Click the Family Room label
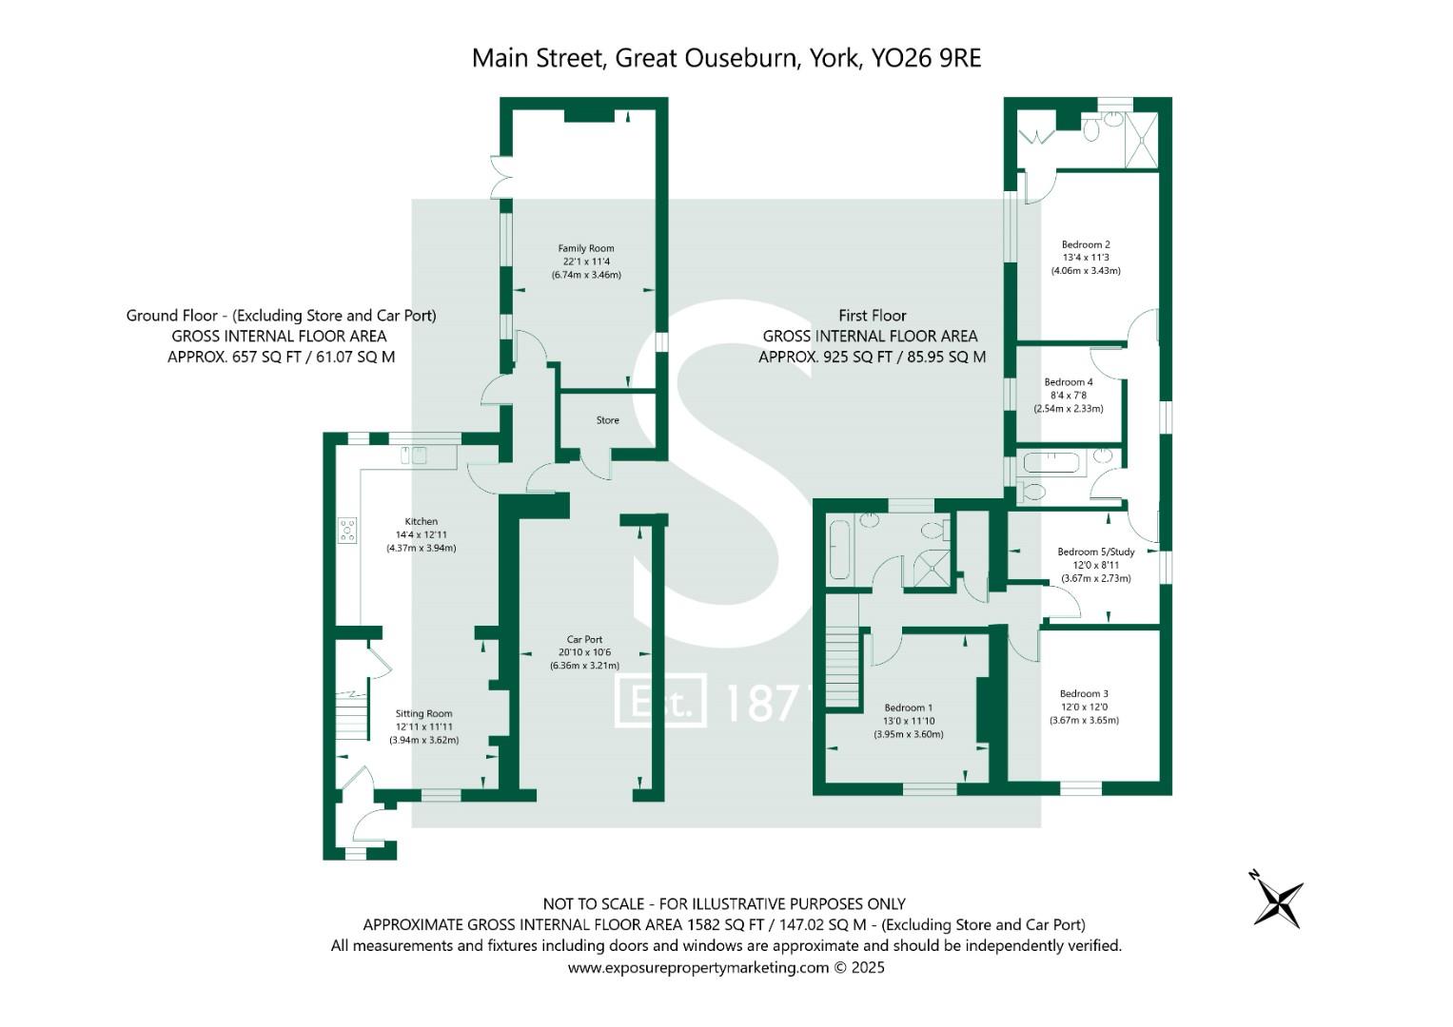tap(585, 248)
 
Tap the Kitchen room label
tap(421, 521)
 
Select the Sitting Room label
tap(423, 713)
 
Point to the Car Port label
tap(584, 640)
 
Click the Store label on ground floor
tap(607, 420)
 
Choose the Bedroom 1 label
tap(908, 707)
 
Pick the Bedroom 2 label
tap(1086, 244)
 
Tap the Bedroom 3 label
tap(1084, 694)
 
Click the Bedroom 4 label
tap(1068, 382)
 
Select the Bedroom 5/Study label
tap(1095, 552)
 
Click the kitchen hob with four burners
tap(347, 530)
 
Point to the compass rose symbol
tap(1276, 899)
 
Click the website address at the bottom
tap(726, 968)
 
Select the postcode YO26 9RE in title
tap(926, 58)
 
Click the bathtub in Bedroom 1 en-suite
tap(839, 550)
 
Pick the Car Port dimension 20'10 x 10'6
tap(584, 652)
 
